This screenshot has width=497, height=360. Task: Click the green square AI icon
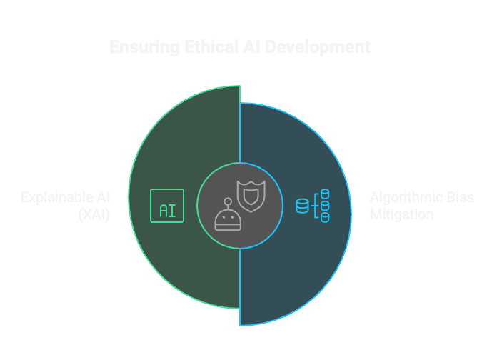pos(167,206)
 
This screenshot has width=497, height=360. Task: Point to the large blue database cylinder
pos(303,206)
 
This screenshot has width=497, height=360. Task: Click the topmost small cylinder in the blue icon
pos(325,194)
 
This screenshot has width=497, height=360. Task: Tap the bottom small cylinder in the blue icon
pos(325,217)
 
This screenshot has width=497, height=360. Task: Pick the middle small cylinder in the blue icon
pos(325,206)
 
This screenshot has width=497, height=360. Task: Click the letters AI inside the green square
pos(167,211)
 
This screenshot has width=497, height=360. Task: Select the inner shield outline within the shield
pos(251,195)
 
